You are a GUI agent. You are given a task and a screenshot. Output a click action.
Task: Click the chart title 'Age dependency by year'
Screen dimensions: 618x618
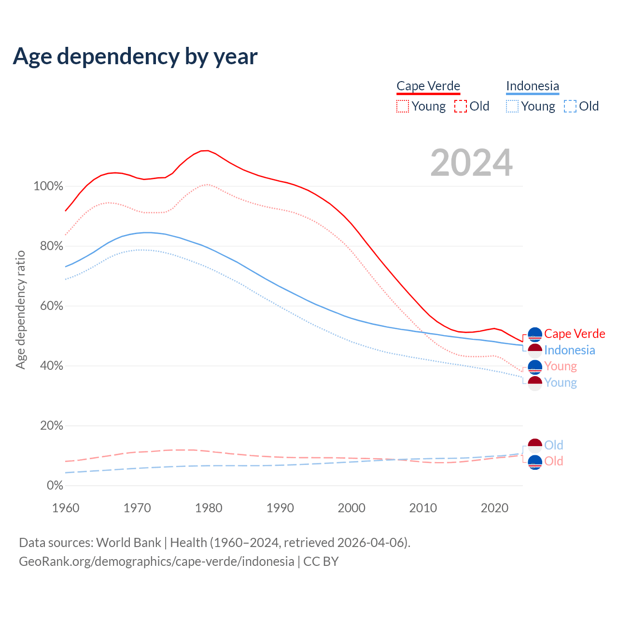[x=135, y=56]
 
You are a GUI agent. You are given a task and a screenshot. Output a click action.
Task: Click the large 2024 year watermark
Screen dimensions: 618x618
[x=471, y=163]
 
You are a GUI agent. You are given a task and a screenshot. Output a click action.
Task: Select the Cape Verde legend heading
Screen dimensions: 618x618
[x=428, y=86]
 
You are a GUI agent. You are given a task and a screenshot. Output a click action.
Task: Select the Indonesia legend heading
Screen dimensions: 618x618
[x=533, y=86]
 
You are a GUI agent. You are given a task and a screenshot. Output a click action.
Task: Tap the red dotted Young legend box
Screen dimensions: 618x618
[x=403, y=106]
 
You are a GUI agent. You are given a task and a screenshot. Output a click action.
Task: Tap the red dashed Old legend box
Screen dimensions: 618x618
[x=461, y=106]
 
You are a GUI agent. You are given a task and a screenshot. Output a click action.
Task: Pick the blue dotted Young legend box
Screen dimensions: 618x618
[x=512, y=106]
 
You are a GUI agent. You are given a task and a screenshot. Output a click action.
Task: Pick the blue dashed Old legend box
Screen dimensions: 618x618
[x=570, y=106]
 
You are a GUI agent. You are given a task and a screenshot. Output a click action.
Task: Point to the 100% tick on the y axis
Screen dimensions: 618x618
[x=48, y=186]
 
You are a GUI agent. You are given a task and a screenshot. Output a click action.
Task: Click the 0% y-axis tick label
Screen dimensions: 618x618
[x=55, y=486]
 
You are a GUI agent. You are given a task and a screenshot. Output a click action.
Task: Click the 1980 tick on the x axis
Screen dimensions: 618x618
[x=209, y=508]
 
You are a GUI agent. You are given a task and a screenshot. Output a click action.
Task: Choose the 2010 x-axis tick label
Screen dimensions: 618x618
[x=423, y=508]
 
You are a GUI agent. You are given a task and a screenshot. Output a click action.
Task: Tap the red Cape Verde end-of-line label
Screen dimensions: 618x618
[x=575, y=334]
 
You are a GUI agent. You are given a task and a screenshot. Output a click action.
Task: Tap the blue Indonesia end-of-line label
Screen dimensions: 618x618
[x=570, y=350]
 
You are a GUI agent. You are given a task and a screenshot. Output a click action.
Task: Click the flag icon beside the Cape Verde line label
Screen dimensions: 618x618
[x=535, y=334]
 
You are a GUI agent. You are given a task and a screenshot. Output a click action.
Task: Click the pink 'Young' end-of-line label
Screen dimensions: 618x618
[x=561, y=366]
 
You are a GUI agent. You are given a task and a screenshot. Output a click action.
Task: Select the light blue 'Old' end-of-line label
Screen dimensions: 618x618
[x=554, y=445]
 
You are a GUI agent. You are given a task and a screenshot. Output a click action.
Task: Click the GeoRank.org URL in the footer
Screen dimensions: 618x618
[x=156, y=562]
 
